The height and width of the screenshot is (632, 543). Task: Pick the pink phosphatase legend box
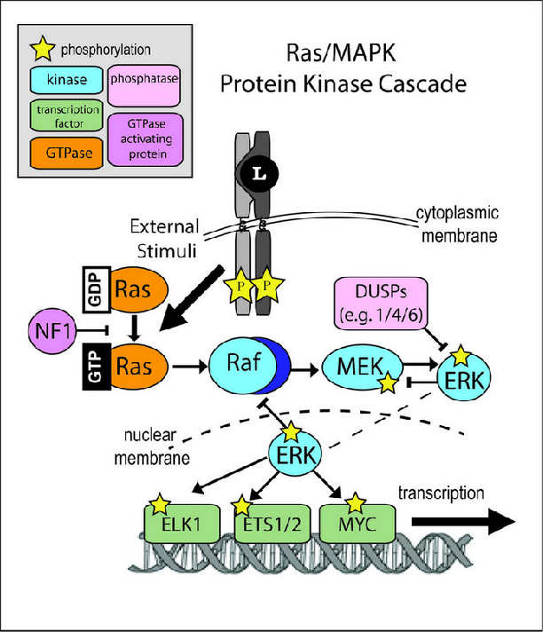tap(144, 81)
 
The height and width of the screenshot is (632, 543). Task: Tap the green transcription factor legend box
tap(67, 116)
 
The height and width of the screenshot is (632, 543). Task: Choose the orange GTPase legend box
tap(67, 153)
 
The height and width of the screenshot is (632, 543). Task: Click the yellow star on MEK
tap(388, 383)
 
